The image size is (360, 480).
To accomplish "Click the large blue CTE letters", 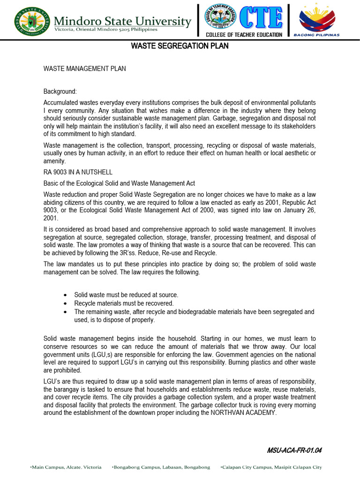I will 262,18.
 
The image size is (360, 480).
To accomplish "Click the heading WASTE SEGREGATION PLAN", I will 180,46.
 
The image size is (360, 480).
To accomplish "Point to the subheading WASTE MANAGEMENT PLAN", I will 84,68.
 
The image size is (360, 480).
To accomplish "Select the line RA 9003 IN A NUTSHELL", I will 78,172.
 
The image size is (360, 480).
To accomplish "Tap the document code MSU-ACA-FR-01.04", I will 294,450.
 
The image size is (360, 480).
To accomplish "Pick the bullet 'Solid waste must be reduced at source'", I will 126,295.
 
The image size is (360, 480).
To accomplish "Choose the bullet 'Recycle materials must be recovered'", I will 124,303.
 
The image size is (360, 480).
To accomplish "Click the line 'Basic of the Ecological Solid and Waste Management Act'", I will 119,183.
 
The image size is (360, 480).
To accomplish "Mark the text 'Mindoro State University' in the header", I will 123,21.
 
